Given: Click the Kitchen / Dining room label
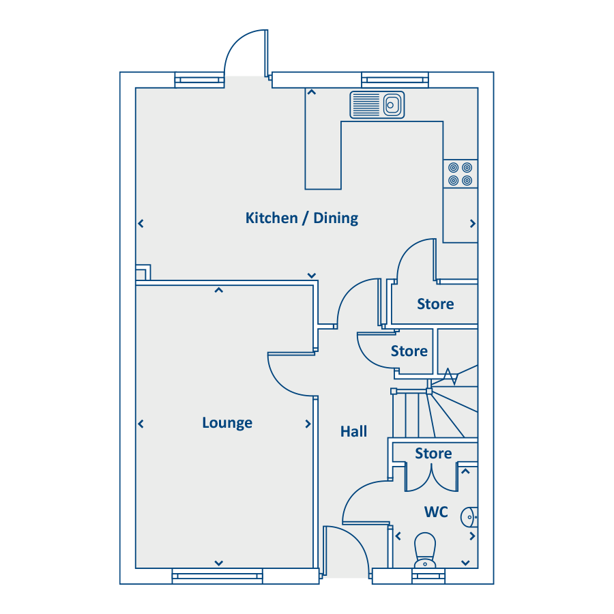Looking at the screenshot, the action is [x=302, y=218].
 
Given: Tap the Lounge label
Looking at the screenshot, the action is [x=227, y=423].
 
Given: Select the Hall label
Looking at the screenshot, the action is [x=353, y=432].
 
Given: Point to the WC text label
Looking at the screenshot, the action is [x=436, y=512].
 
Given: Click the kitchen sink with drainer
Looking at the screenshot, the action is [x=377, y=105].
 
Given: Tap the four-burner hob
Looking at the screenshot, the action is [x=460, y=174].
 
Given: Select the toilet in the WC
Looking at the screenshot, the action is [x=425, y=550].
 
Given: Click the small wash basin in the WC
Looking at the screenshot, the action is [x=469, y=517].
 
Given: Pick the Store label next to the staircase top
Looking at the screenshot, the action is [x=409, y=351].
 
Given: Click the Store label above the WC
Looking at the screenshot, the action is [x=433, y=454].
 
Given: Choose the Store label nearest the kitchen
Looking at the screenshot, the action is [x=435, y=304].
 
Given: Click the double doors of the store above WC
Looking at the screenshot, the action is [x=431, y=478].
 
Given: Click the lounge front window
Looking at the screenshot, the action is [x=218, y=576].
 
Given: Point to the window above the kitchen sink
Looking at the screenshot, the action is [x=395, y=80].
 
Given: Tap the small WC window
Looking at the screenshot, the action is [x=428, y=576].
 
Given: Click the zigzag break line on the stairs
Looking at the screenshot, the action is [x=450, y=377].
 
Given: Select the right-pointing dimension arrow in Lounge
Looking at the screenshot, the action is [x=308, y=424].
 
